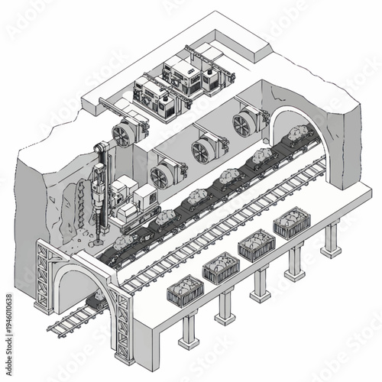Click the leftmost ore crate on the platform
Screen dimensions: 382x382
click(x=186, y=292)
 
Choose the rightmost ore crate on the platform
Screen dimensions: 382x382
click(x=291, y=224)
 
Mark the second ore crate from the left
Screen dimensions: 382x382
click(x=221, y=268)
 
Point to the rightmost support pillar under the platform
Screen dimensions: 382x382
click(x=331, y=241)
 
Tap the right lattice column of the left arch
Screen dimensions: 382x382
click(x=122, y=321)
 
